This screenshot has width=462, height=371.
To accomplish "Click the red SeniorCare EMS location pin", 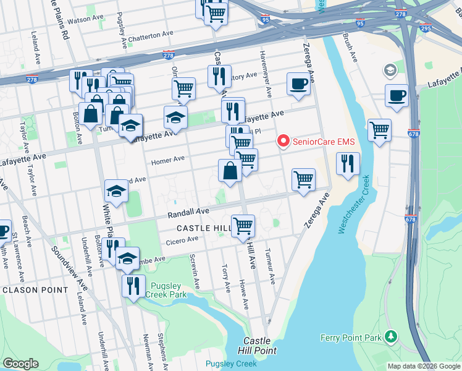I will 283,142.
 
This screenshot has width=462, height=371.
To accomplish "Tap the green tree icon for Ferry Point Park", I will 390,337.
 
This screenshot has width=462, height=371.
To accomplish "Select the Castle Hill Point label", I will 256,346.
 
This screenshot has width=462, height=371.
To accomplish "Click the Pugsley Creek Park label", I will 166,290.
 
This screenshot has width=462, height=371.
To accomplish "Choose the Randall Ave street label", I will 188,211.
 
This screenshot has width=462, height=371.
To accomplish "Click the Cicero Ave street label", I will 183,239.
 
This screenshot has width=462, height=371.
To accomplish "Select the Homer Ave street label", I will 168,159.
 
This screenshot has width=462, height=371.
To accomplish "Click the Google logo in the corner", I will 20,363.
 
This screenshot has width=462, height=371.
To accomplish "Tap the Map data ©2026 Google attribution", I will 423,366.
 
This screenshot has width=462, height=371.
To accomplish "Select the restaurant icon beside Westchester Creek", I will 348,164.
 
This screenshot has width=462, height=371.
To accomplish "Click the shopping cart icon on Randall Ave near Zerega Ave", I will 303,180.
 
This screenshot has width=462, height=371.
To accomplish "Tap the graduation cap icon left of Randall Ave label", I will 116,192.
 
